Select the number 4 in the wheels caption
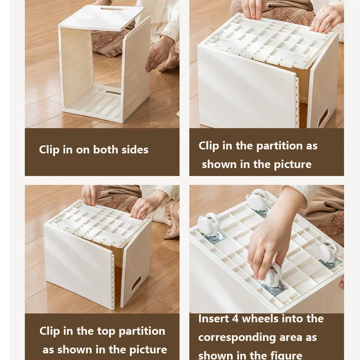click(x=235, y=319)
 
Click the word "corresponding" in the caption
click(x=237, y=338)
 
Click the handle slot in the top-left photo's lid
click(x=113, y=8)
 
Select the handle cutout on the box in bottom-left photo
click(x=136, y=284)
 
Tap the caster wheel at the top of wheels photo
click(x=258, y=200)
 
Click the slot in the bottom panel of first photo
click(x=113, y=93)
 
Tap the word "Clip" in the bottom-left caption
click(x=50, y=332)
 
